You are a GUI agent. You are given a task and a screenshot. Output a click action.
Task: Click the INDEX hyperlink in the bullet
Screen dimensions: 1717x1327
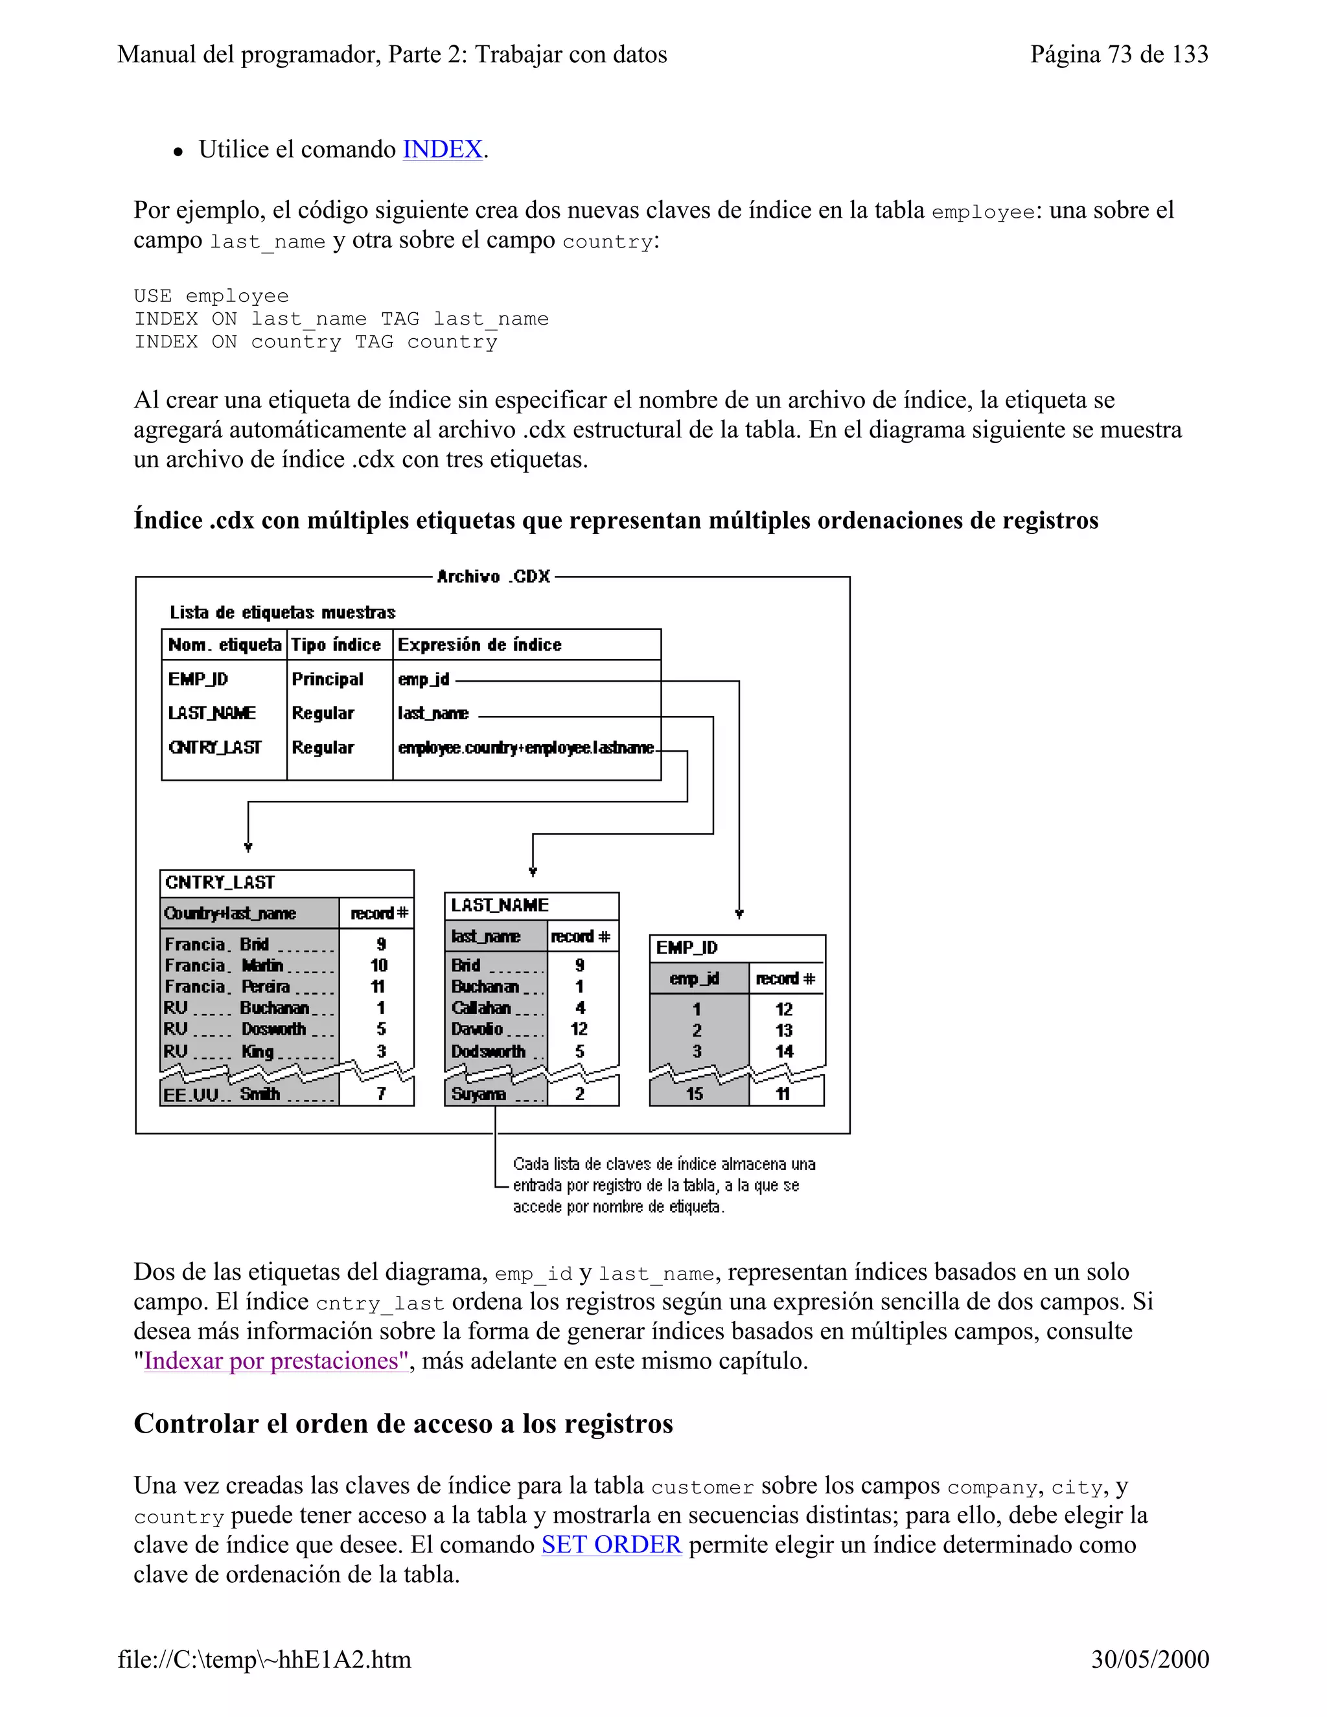[x=442, y=150]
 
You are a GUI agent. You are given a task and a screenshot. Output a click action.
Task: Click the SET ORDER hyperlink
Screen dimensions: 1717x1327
[x=611, y=1544]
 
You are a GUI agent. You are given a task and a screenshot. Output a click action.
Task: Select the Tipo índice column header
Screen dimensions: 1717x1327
[x=336, y=645]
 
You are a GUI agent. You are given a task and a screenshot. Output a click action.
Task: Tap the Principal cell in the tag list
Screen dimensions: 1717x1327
[x=327, y=678]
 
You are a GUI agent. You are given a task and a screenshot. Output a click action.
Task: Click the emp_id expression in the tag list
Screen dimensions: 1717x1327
[x=423, y=678]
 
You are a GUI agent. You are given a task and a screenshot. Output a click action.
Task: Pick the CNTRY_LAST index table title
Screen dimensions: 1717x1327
[x=220, y=882]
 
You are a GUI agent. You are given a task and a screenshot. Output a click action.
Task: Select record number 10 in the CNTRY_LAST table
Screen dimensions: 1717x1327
[x=379, y=965]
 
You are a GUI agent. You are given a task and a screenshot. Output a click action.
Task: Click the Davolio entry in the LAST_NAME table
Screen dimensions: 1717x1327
[x=476, y=1029]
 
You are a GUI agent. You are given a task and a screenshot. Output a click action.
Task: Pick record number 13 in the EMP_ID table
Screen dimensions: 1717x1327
[x=784, y=1030]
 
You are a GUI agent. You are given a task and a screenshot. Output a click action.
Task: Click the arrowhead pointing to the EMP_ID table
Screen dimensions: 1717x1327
[x=739, y=914]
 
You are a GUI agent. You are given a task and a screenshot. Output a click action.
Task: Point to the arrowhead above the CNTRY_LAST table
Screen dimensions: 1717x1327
[x=248, y=847]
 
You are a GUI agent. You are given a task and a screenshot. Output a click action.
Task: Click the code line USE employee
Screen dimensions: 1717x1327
[x=211, y=295]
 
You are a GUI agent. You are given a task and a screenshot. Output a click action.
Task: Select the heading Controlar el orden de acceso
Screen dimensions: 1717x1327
[x=402, y=1423]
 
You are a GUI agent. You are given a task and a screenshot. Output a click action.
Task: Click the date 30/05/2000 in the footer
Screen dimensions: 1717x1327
[x=1149, y=1659]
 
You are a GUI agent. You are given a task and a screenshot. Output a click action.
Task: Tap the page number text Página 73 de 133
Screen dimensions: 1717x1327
[x=1118, y=54]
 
